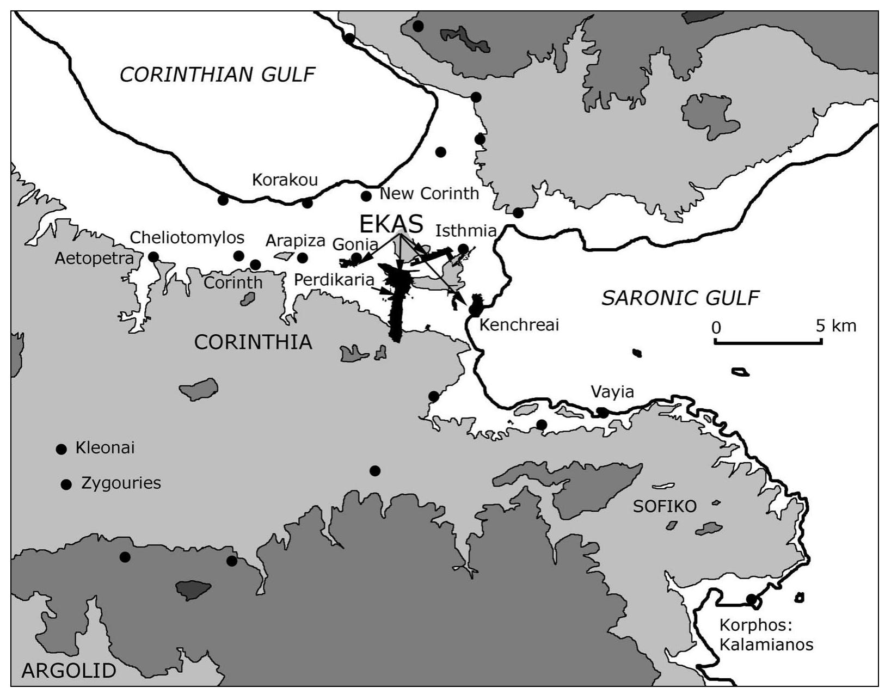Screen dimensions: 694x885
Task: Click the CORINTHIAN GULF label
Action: pos(217,75)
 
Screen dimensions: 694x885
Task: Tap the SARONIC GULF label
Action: pos(680,298)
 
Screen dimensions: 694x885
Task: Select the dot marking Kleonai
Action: pos(62,449)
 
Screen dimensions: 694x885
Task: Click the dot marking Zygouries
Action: pos(66,484)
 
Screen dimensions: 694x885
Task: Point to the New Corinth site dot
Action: pos(366,196)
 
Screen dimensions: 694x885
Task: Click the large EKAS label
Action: pos(391,224)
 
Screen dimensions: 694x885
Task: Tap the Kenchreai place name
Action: pos(519,325)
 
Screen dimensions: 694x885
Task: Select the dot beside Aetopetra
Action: pos(153,257)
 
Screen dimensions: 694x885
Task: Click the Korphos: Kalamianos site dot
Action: pos(752,599)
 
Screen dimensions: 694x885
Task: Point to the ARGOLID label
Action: pos(69,671)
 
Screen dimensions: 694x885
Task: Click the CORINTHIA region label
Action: pos(253,342)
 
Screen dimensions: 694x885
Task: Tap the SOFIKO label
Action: pos(665,507)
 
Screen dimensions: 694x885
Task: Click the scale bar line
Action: pos(767,342)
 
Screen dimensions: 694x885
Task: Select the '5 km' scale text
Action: pos(835,325)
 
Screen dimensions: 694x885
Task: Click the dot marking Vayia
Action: pos(603,413)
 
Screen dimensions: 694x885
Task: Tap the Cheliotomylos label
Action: pos(187,238)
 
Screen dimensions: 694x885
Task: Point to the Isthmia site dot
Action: pos(463,249)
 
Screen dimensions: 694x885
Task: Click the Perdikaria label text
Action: pos(334,280)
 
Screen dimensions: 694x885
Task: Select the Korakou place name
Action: pos(285,180)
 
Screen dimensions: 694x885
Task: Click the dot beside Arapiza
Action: pos(303,257)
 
